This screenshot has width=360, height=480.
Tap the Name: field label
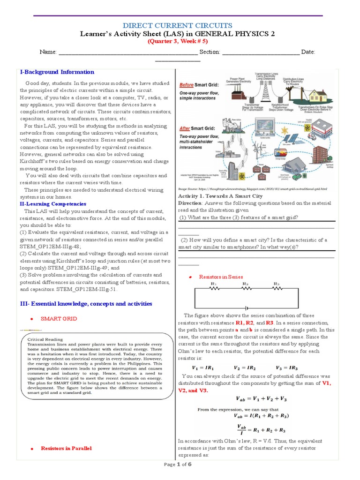click(48, 52)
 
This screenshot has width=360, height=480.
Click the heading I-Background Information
click(57, 72)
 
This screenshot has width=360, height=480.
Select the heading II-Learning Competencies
click(52, 204)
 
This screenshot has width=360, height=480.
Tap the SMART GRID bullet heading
click(59, 319)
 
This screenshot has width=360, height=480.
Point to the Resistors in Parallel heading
click(66, 449)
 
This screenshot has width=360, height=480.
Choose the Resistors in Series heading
click(221, 277)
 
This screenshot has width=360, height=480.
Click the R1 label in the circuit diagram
click(214, 284)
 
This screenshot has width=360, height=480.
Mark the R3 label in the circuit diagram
click(277, 284)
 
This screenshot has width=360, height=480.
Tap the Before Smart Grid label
click(194, 85)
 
